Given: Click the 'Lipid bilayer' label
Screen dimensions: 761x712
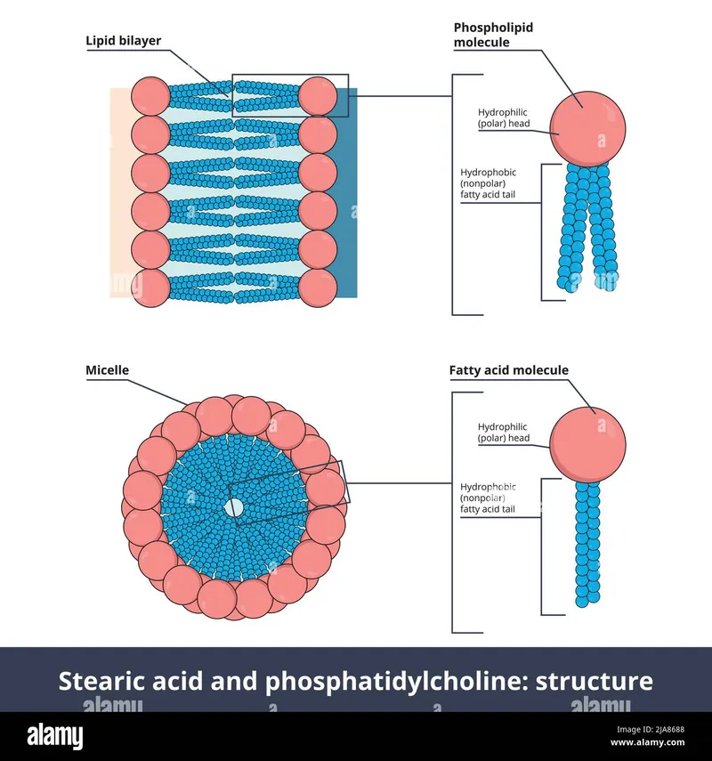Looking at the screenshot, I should click(123, 41).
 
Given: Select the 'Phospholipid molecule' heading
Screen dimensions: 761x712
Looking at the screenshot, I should click(493, 35).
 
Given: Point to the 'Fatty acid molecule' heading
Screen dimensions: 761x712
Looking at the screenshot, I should click(508, 370).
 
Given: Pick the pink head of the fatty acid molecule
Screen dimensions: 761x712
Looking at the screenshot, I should click(587, 442).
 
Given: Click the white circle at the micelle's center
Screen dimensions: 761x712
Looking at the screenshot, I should click(234, 507).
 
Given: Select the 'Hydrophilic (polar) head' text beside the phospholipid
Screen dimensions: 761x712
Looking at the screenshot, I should click(504, 117).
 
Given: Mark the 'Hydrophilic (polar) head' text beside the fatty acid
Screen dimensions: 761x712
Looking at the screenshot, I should click(504, 433).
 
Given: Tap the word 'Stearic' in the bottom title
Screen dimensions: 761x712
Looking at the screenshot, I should click(100, 682).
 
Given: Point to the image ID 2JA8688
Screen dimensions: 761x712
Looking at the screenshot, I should click(664, 730).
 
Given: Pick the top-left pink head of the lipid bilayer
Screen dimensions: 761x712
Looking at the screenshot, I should click(150, 95).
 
